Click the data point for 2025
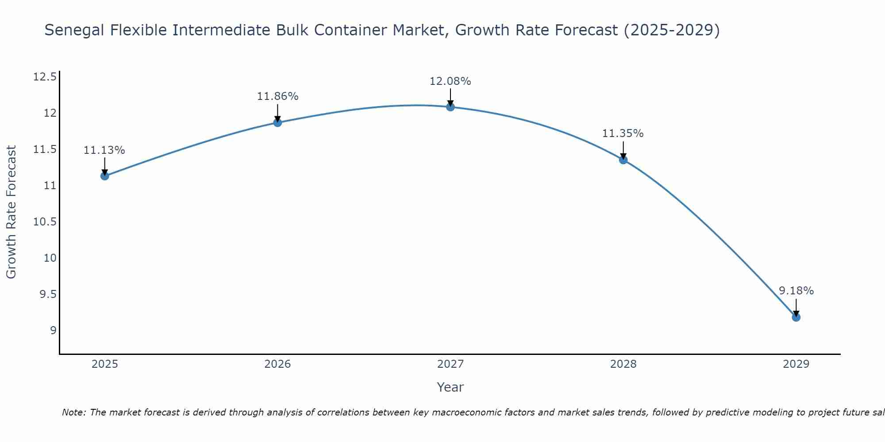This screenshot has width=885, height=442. click(x=104, y=176)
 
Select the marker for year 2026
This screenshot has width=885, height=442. click(x=277, y=122)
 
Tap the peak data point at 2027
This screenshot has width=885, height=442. click(x=450, y=107)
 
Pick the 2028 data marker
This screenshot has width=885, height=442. click(x=623, y=160)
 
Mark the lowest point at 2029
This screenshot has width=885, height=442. click(x=796, y=317)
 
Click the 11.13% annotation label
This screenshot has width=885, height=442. click(x=104, y=150)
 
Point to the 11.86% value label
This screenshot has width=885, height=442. click(x=277, y=96)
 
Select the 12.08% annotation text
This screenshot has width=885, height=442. click(x=450, y=81)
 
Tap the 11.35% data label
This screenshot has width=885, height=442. click(x=623, y=133)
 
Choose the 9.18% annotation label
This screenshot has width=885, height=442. click(x=796, y=291)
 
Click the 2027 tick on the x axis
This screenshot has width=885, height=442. click(x=450, y=364)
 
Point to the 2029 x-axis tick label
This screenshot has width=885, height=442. click(x=796, y=364)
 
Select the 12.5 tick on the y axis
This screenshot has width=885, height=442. click(x=45, y=77)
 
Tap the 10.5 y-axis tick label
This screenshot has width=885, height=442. click(x=45, y=222)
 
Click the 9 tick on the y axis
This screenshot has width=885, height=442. click(x=53, y=331)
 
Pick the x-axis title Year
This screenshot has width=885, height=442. click(x=450, y=387)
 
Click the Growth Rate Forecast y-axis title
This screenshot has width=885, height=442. click(x=12, y=212)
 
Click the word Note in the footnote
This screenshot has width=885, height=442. click(x=73, y=412)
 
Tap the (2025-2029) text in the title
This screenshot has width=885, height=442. click(x=672, y=30)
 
